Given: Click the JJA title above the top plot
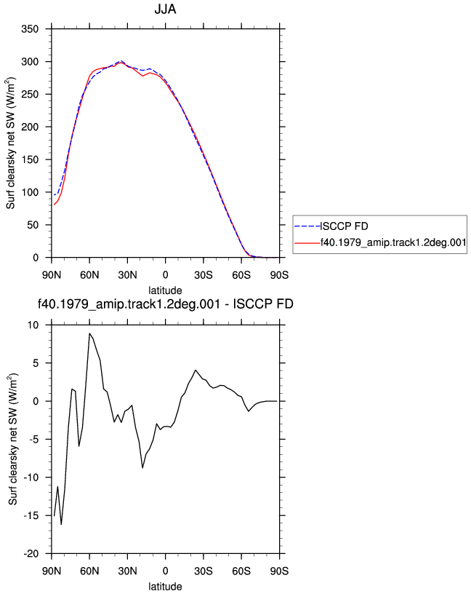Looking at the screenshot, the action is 165,9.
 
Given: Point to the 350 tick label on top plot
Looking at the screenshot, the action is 30,29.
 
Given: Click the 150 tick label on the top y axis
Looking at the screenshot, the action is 30,159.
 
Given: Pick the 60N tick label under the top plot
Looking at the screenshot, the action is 89,275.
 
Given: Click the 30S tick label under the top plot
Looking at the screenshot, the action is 204,275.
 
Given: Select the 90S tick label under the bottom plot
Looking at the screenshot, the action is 279,571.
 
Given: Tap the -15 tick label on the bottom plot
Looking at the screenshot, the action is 31,515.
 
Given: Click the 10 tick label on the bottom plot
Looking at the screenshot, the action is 33,325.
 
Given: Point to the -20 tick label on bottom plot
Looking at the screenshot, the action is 31,554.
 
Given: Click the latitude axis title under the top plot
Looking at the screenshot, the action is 165,290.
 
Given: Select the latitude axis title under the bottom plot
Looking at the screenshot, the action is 165,587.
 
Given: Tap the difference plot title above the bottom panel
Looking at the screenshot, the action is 165,304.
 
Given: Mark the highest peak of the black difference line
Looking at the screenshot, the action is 89,333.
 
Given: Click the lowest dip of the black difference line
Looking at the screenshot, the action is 61,524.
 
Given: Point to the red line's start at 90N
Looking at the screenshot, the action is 54,205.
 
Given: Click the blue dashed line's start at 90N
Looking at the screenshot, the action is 54,195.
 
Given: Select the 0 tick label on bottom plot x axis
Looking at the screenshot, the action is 165,571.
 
